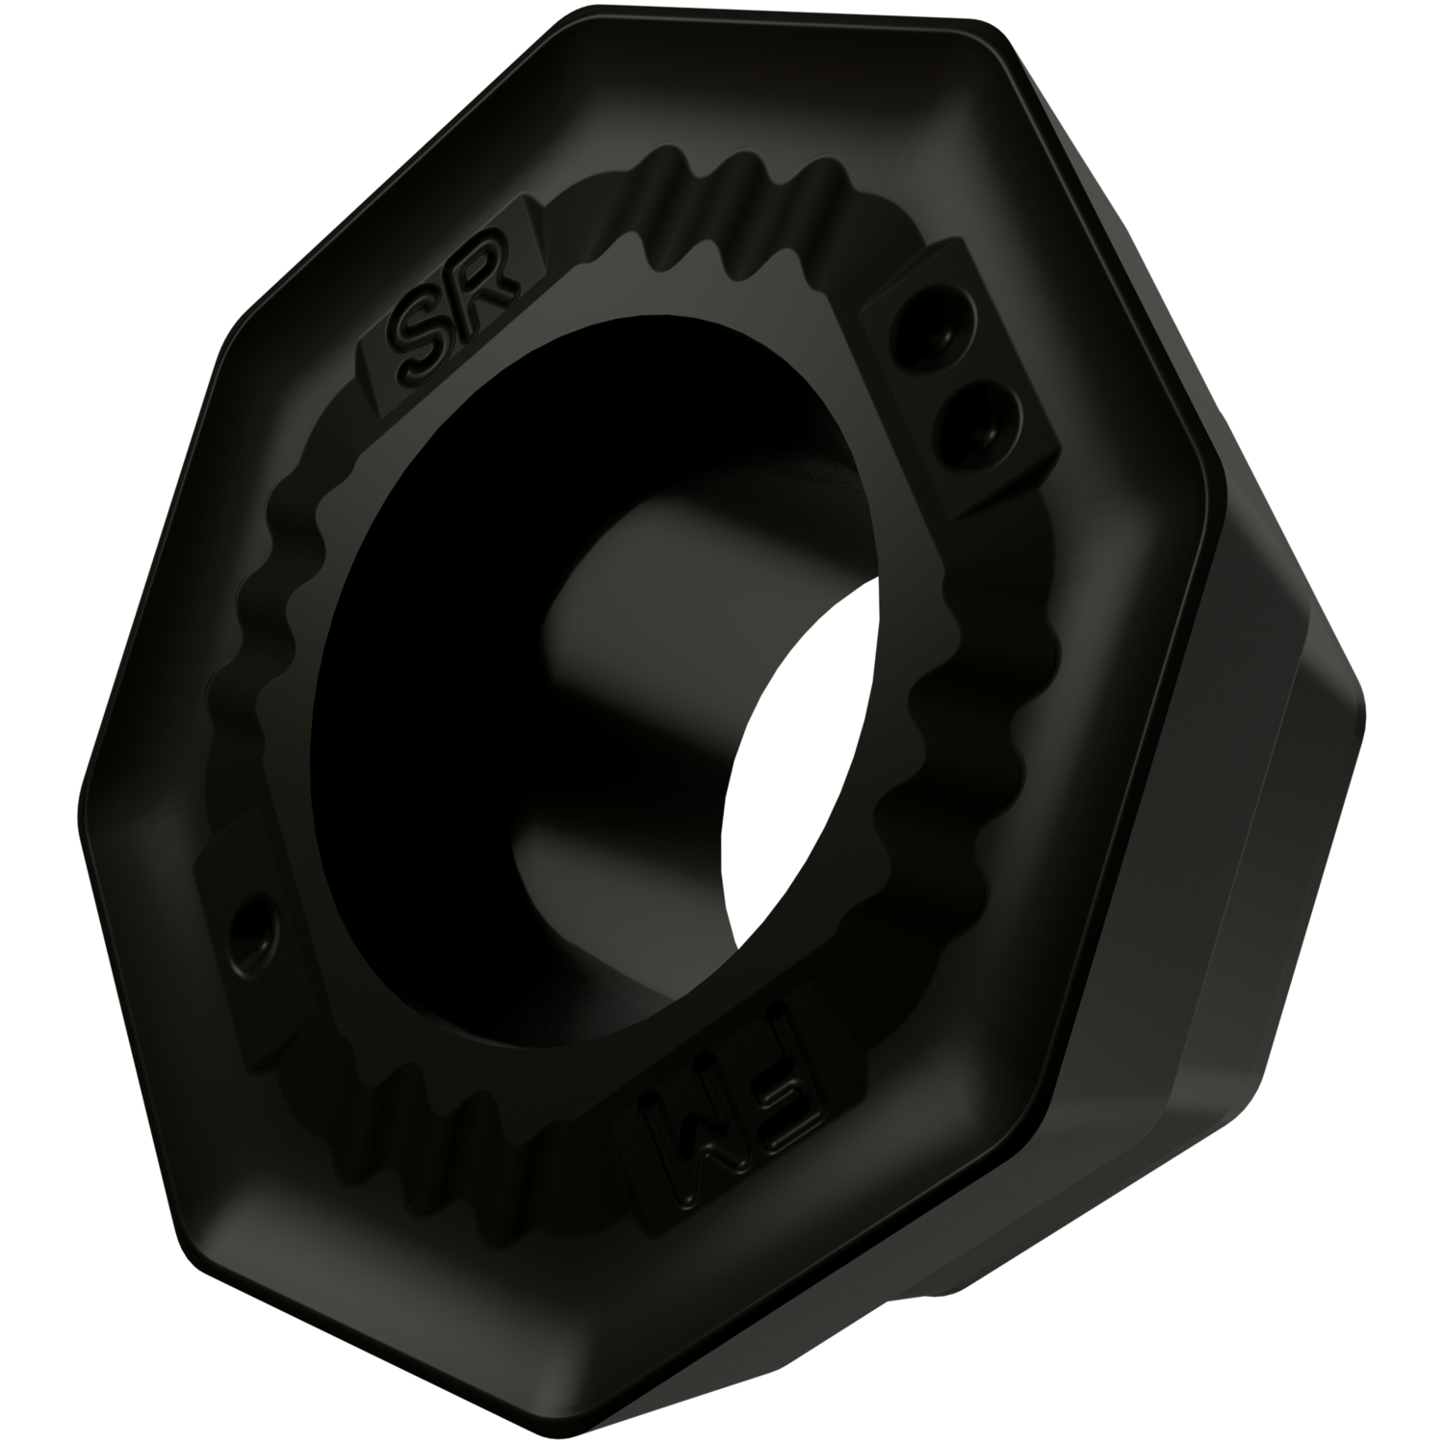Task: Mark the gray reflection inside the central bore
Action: coord(616,626)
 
